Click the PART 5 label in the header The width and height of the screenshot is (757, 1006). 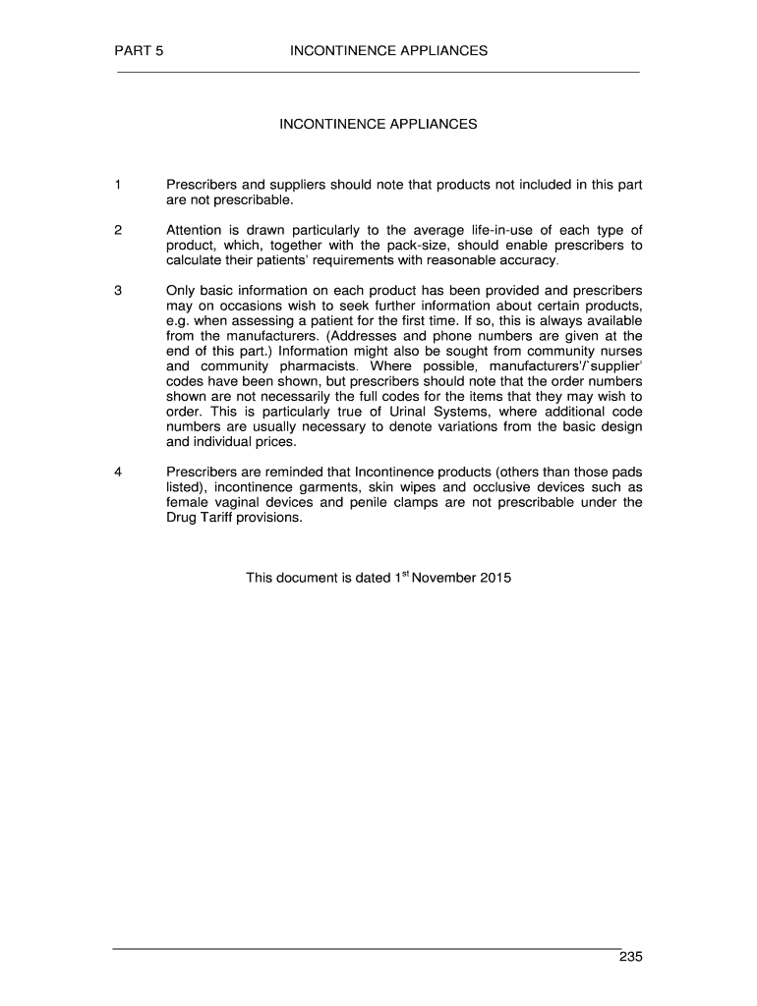point(139,50)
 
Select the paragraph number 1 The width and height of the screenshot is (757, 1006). point(118,184)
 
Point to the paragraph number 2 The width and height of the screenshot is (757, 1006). point(118,230)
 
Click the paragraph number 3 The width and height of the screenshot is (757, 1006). point(118,291)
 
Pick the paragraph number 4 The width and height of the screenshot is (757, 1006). point(118,471)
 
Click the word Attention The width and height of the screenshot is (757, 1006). point(198,230)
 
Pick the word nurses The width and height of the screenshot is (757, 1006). point(620,352)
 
